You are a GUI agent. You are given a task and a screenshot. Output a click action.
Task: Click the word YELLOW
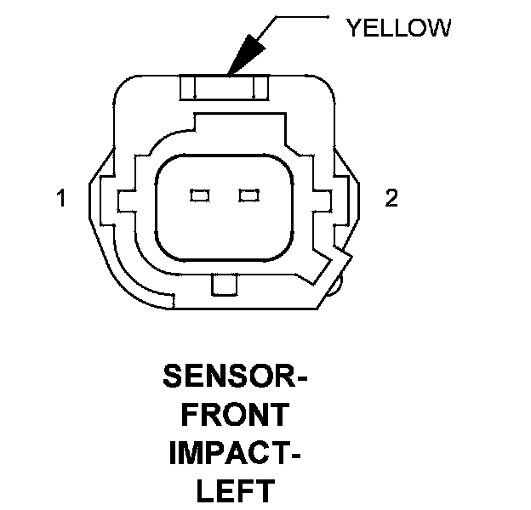[x=397, y=28]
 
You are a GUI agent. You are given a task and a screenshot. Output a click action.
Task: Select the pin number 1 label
[x=60, y=199]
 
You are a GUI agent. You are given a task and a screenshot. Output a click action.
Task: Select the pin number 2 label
[x=391, y=199]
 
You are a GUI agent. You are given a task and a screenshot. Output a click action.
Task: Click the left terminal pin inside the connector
[x=200, y=196]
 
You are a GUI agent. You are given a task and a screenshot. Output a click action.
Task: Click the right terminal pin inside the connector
[x=248, y=196]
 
